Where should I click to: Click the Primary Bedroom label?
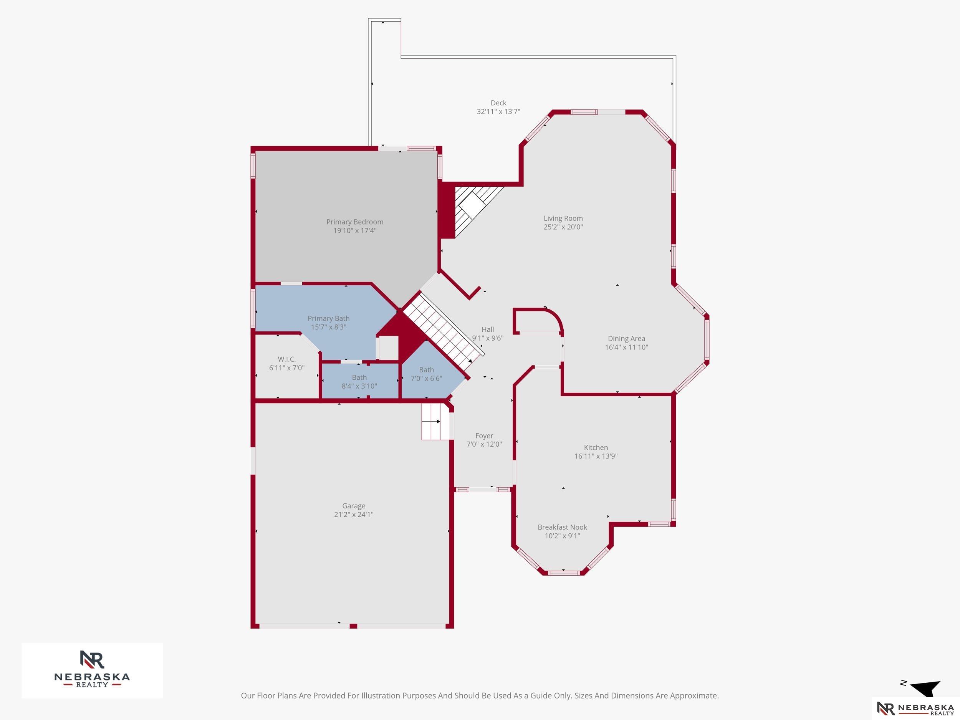coord(354,222)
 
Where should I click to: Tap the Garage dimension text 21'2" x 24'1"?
coord(354,514)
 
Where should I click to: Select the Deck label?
coord(498,103)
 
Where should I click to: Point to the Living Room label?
coord(563,218)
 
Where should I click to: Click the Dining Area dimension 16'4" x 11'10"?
coord(626,347)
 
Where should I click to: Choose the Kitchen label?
coord(596,447)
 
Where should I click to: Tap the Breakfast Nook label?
coord(562,527)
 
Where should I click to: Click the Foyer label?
coord(484,436)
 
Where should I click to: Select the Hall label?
coord(487,329)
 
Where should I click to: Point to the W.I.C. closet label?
coord(286,359)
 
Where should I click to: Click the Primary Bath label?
coord(329,319)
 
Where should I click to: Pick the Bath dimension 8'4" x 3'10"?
coord(359,386)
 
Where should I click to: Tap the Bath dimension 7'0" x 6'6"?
coord(426,378)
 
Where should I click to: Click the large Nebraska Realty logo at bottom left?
coord(92,670)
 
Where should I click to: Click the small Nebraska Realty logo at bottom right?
coord(916,708)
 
